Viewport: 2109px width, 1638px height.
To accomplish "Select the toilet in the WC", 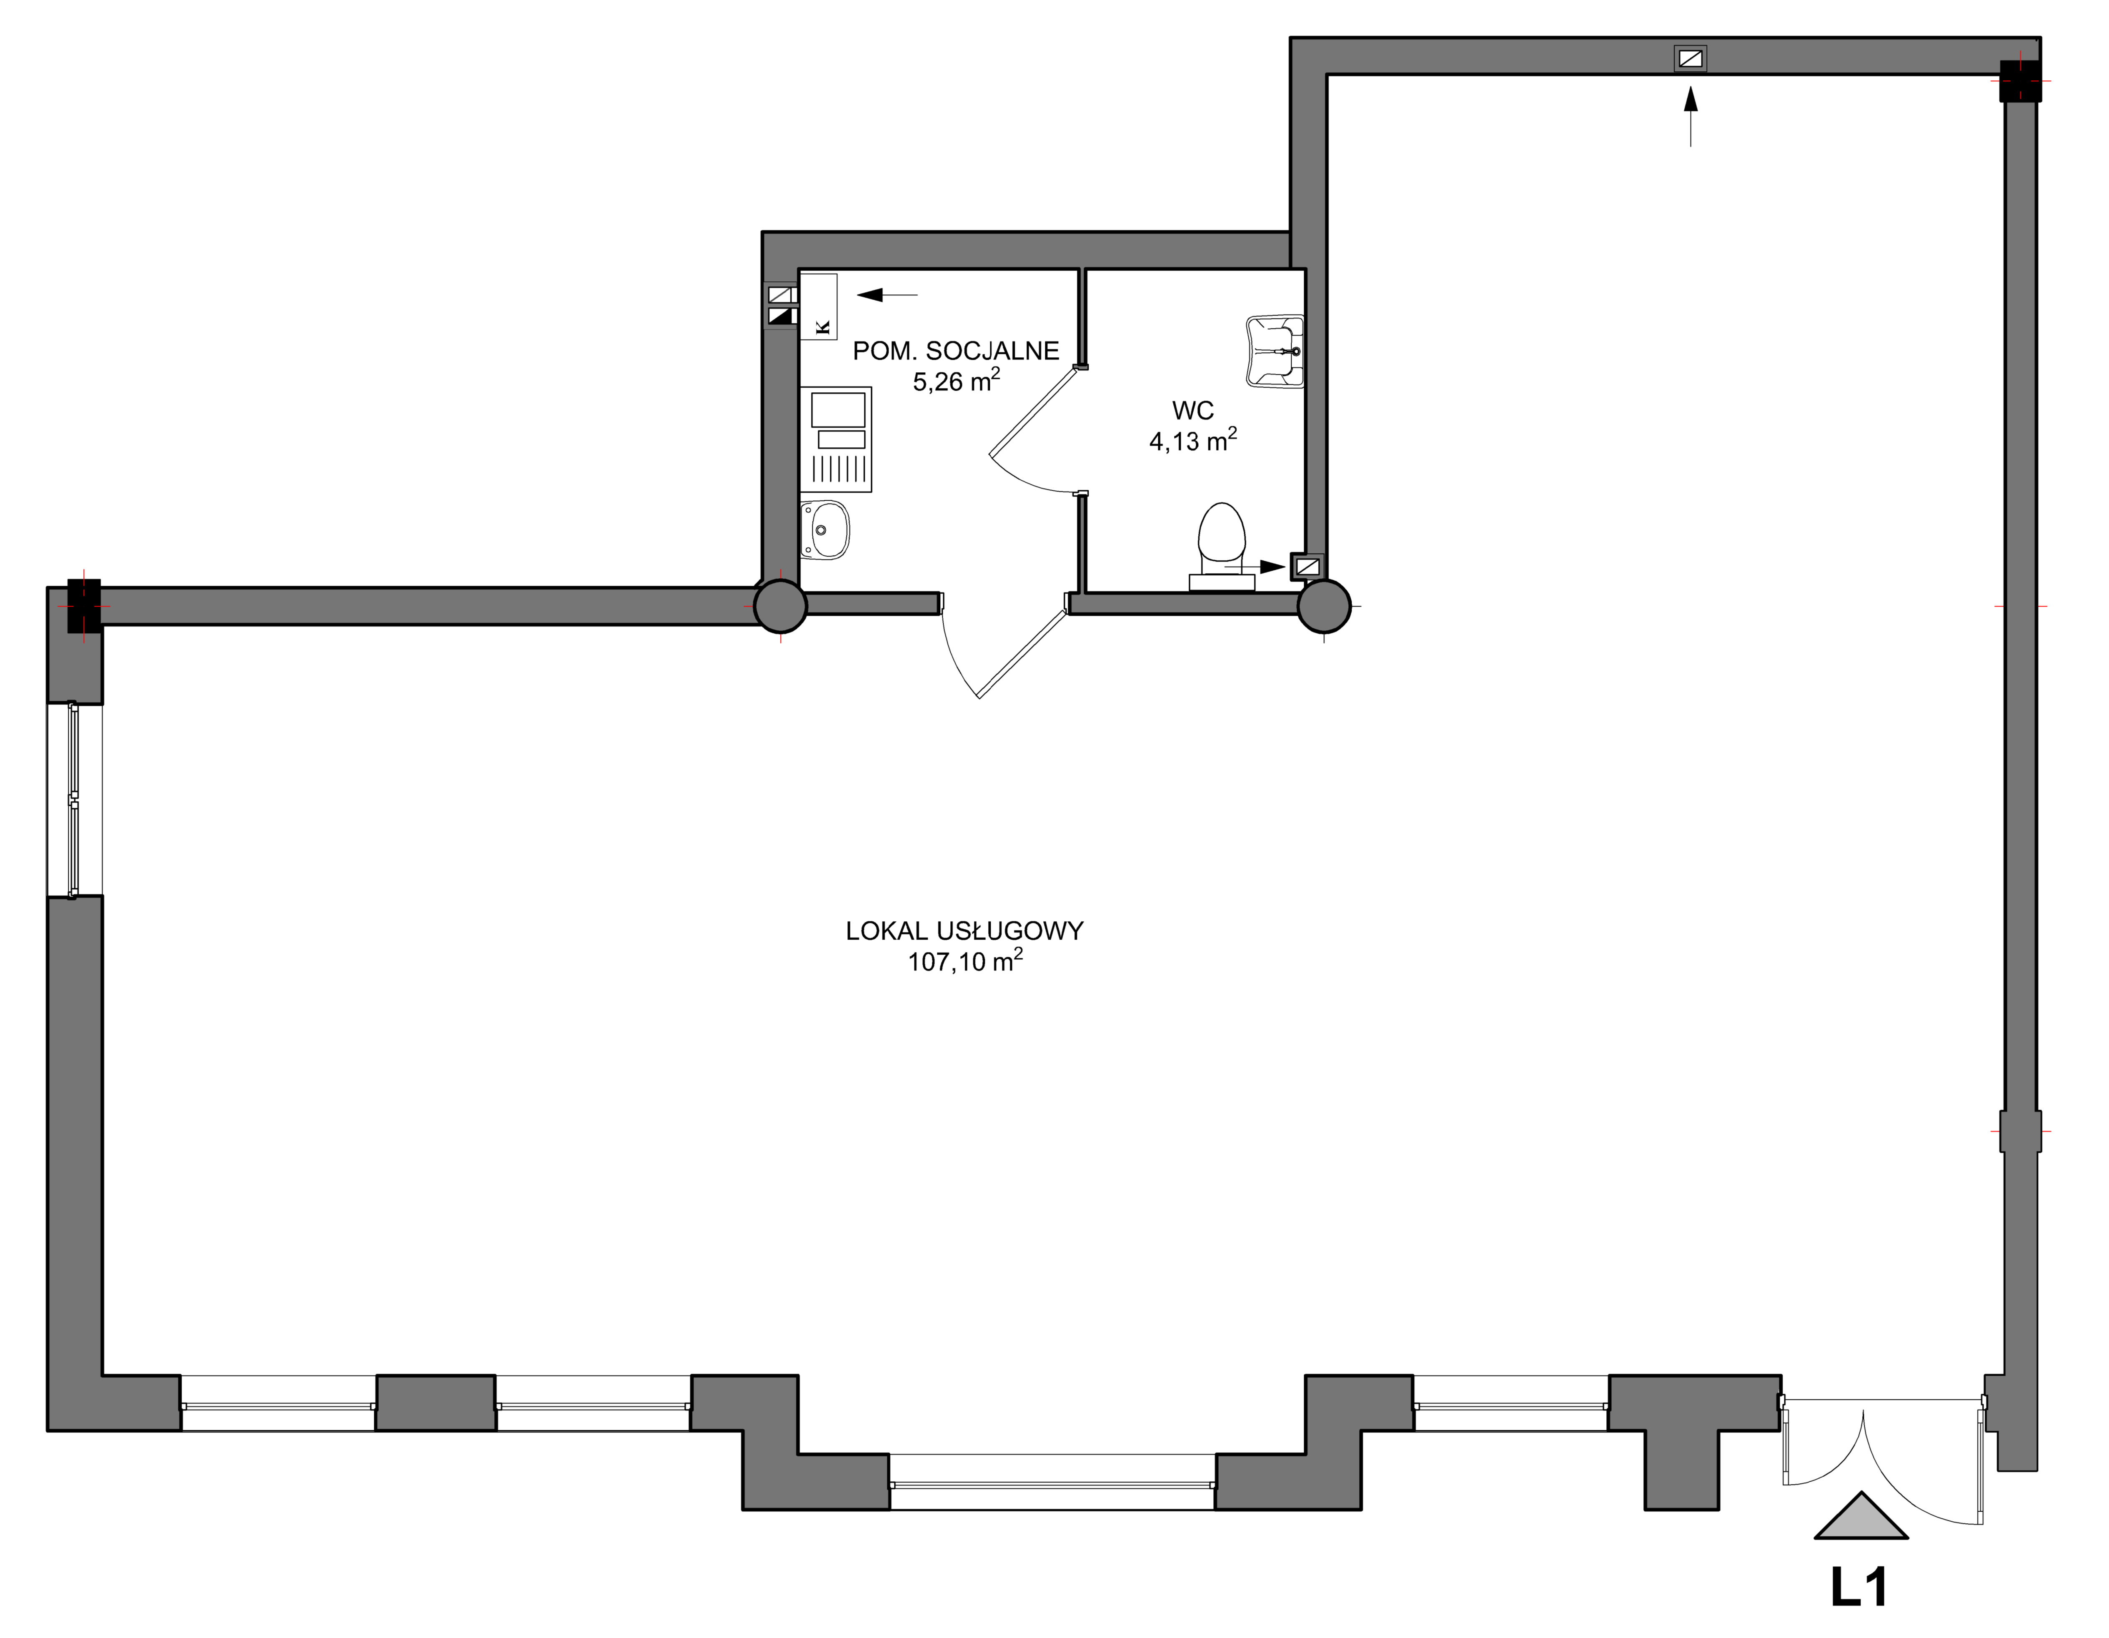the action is click(1222, 546).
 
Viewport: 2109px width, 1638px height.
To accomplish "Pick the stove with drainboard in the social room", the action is click(836, 439).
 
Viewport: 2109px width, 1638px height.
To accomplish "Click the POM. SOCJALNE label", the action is click(956, 351).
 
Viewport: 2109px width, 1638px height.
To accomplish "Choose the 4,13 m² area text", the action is click(1192, 440).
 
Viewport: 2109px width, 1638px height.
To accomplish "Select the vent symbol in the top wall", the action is click(1690, 59).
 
